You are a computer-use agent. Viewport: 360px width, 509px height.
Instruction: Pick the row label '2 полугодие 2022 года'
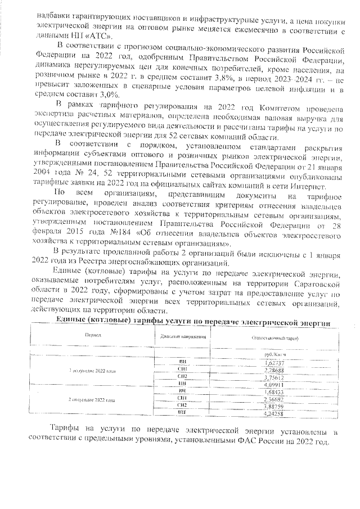92,399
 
